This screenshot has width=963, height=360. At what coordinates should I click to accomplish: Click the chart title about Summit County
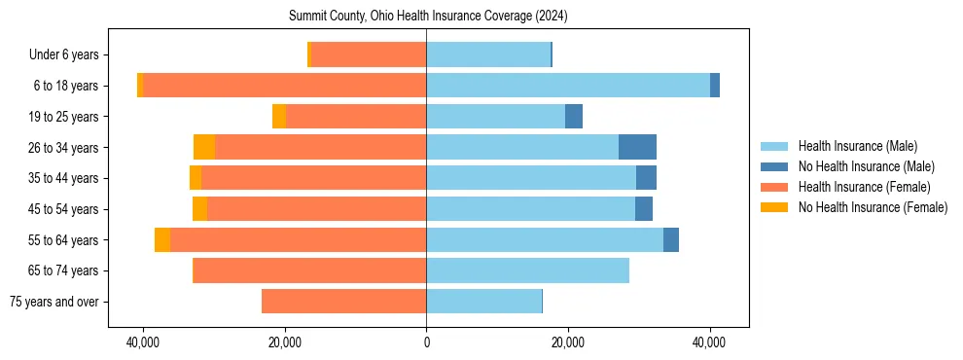pos(428,17)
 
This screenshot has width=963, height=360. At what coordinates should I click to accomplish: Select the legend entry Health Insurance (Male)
pos(857,146)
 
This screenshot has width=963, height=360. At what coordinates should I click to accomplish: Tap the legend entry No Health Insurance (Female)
pos(873,207)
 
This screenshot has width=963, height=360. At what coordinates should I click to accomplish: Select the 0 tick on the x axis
pos(426,343)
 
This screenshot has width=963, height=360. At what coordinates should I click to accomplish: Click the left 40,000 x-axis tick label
pos(143,343)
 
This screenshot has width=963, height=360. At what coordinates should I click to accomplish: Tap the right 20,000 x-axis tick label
pos(568,343)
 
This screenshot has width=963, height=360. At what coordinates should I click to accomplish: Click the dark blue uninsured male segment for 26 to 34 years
pos(637,147)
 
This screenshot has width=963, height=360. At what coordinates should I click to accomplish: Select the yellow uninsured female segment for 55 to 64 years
pos(162,239)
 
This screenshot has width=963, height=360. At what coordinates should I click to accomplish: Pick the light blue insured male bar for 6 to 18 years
pos(568,86)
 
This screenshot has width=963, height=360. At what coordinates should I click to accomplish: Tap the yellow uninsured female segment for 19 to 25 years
pos(279,117)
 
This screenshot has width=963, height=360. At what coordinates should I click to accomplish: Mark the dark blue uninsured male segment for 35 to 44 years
pos(646,178)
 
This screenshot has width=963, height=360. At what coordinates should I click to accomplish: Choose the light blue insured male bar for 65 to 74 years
pos(527,270)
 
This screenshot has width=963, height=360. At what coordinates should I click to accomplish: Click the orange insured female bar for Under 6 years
pos(369,55)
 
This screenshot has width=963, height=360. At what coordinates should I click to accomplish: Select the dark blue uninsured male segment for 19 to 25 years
pos(574,117)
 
